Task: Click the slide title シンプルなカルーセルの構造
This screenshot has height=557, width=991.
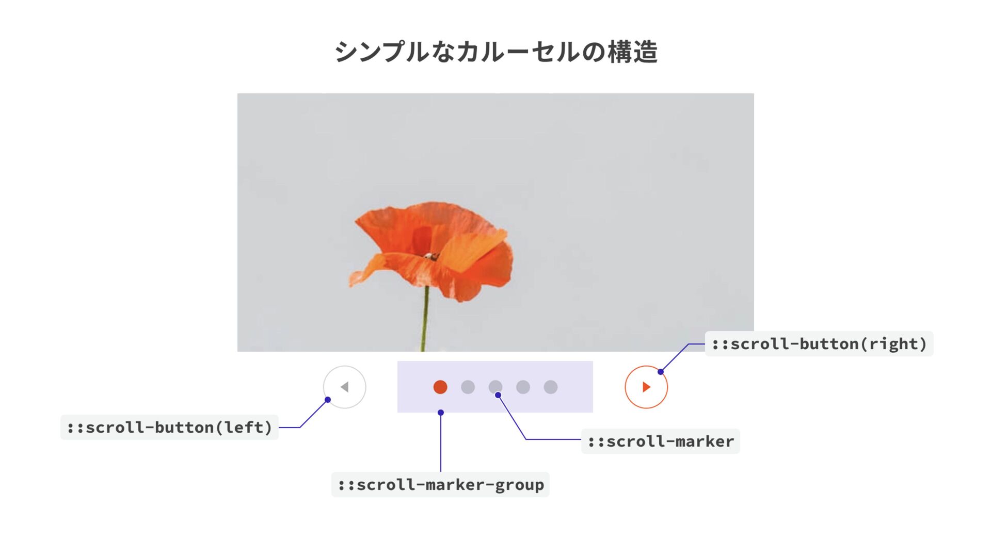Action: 495,52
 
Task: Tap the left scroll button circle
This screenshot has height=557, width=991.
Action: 344,387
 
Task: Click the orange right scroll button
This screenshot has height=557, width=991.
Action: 646,387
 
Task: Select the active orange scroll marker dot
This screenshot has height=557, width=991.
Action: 440,387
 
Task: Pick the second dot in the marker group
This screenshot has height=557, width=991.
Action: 468,387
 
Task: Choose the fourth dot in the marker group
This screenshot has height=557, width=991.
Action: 523,387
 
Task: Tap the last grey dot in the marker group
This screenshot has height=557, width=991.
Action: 551,387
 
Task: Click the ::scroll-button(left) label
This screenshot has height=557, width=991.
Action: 169,428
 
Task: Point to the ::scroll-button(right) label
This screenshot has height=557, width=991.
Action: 819,344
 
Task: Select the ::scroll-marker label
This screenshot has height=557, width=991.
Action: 660,441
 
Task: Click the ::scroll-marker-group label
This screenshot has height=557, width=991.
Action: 440,485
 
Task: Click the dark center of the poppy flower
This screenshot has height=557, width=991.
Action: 430,256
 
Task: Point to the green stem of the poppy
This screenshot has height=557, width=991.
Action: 425,320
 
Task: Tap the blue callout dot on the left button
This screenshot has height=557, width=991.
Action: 328,400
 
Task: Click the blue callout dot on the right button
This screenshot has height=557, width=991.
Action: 661,372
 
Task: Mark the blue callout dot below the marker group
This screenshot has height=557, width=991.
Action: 441,413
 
